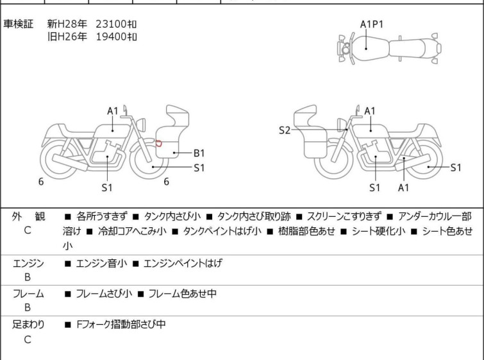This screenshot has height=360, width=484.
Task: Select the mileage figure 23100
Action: (x=110, y=24)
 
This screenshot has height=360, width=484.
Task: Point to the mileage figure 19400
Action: (x=110, y=37)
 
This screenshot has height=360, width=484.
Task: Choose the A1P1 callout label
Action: (x=371, y=24)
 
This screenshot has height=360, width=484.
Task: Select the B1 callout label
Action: (x=199, y=153)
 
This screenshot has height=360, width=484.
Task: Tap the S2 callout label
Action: (x=285, y=131)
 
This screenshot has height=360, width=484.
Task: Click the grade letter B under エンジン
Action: (x=28, y=277)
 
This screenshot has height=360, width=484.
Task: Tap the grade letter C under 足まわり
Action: (x=28, y=339)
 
